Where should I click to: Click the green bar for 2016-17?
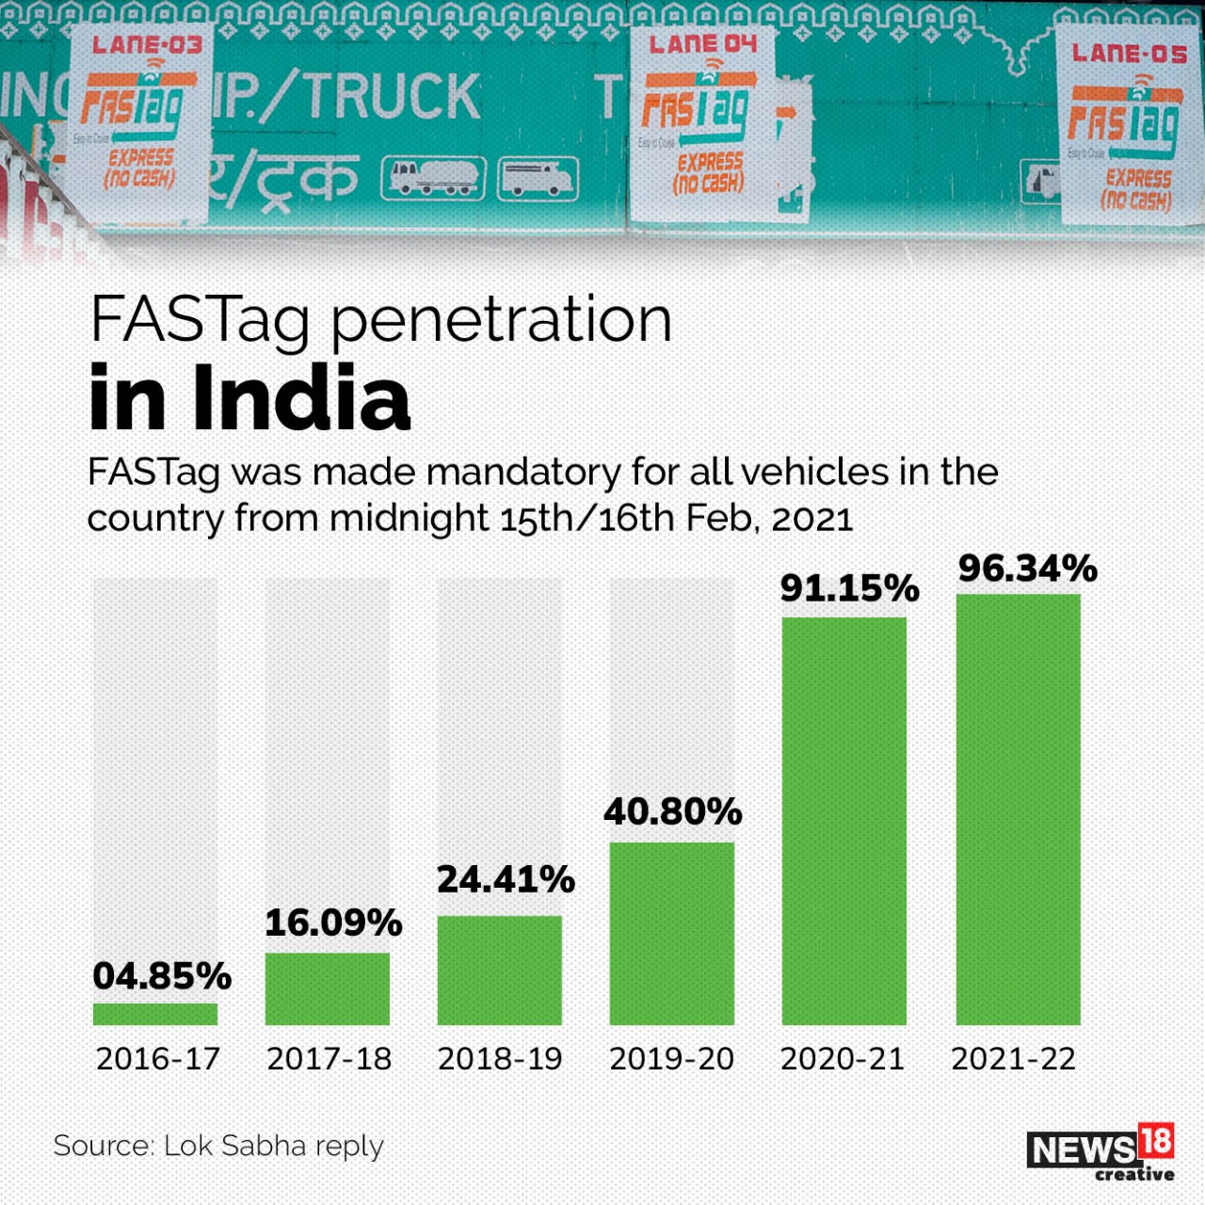tap(155, 1014)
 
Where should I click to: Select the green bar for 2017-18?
tap(328, 988)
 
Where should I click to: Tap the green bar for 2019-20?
tap(672, 933)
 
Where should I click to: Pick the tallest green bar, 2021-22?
tap(1019, 810)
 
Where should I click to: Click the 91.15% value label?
tap(849, 588)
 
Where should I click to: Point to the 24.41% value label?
tap(506, 879)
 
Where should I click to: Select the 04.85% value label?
tap(162, 976)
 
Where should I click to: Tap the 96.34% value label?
tap(1028, 569)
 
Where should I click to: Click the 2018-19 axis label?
tap(500, 1059)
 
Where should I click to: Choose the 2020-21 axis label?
tap(843, 1059)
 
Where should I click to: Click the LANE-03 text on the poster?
tap(148, 44)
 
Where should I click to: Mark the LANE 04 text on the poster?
tap(702, 43)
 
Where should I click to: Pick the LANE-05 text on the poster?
tap(1129, 54)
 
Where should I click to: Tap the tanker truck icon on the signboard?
tap(433, 178)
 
